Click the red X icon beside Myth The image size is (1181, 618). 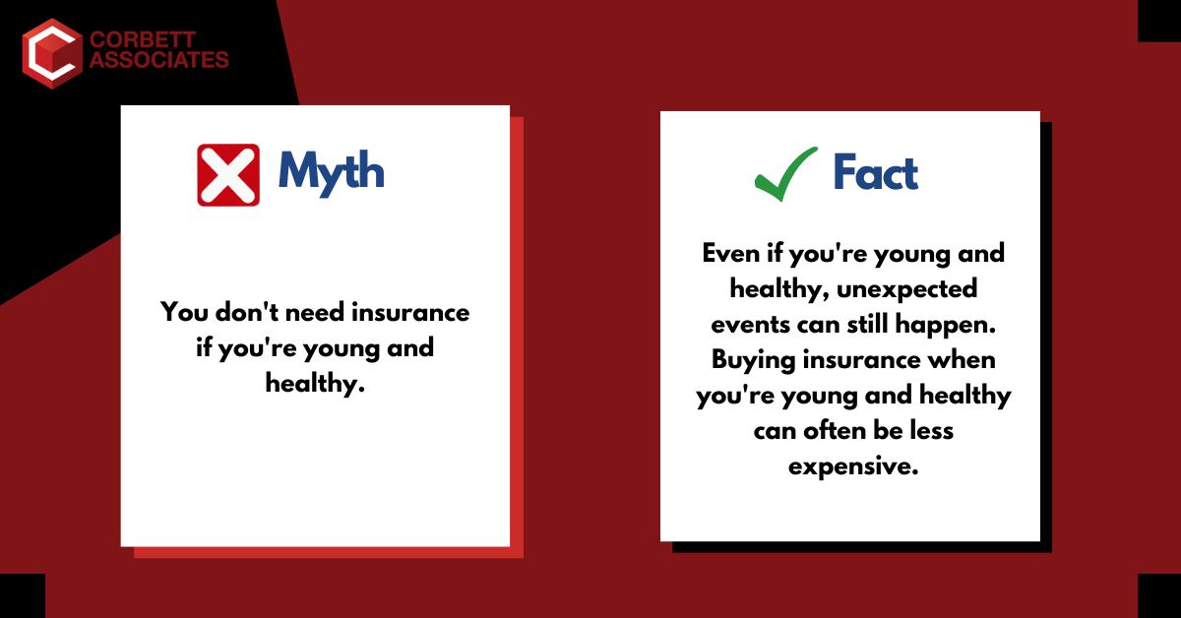click(x=228, y=174)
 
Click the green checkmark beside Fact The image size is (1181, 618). click(x=785, y=174)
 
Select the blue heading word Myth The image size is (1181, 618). click(x=331, y=172)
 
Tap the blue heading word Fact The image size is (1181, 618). click(x=875, y=174)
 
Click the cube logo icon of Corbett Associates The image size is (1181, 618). click(x=50, y=52)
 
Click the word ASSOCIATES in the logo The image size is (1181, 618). click(x=157, y=61)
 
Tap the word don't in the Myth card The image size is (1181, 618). click(x=246, y=313)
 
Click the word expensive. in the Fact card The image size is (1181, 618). click(x=853, y=466)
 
